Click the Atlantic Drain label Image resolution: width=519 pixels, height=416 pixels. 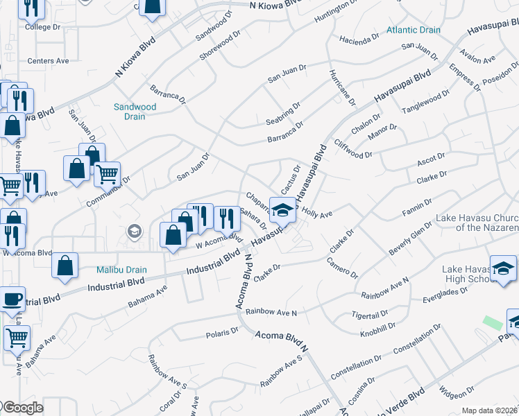[x=414, y=31]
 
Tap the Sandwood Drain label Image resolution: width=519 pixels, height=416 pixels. [x=135, y=112]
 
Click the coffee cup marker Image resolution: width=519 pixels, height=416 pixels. [x=12, y=300]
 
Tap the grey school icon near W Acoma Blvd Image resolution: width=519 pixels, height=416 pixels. [x=135, y=232]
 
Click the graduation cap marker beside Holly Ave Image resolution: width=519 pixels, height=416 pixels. [x=282, y=210]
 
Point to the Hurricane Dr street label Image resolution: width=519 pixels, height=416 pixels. [x=342, y=87]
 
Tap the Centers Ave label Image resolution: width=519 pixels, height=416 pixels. [x=48, y=61]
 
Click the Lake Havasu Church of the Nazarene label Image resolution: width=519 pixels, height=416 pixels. [x=477, y=223]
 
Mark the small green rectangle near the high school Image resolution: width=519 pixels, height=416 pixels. [x=493, y=323]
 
